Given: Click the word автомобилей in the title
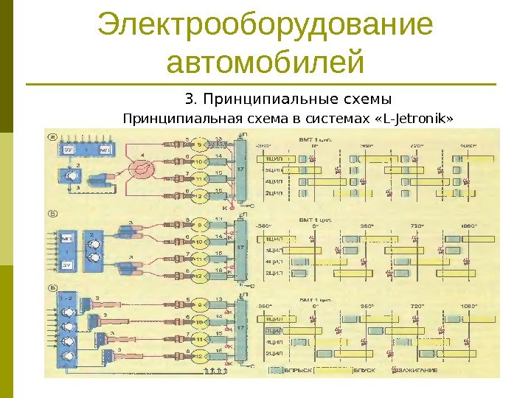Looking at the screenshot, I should [265, 62].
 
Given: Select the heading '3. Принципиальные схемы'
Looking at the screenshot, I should [287, 99].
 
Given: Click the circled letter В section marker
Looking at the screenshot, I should [50, 289].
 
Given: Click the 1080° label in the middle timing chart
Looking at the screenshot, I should [468, 226].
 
